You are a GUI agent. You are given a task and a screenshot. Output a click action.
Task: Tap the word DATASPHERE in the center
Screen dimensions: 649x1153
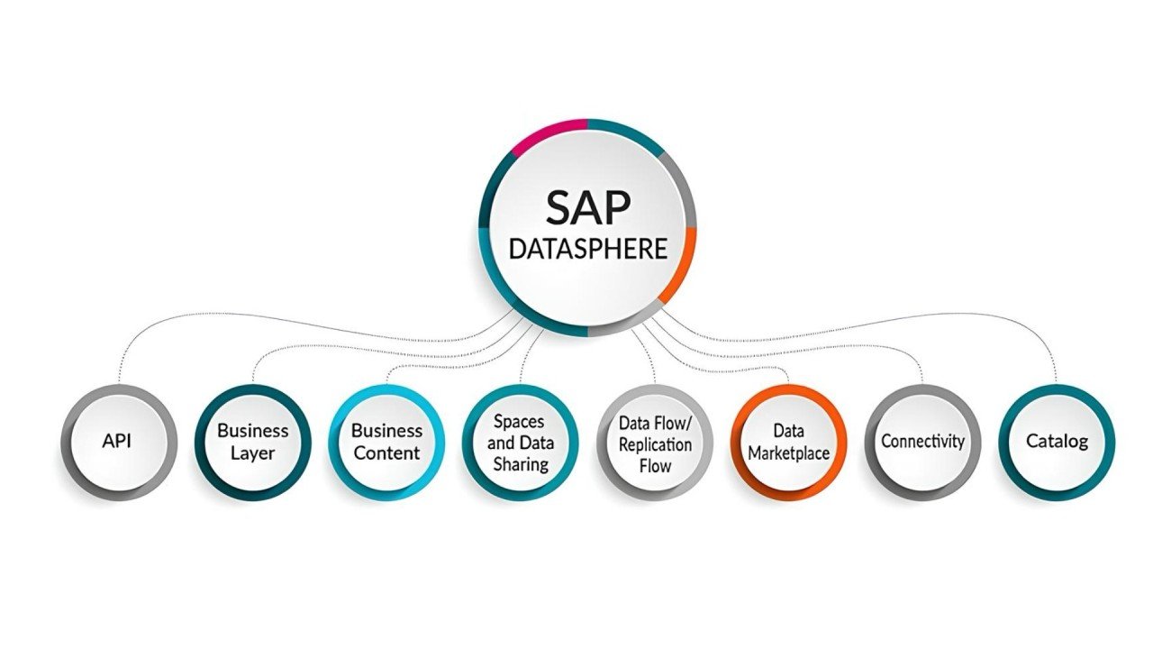(587, 248)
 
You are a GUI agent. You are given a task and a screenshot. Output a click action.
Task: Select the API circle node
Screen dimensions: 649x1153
(118, 442)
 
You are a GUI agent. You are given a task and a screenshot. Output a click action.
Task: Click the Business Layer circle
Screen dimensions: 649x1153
(252, 442)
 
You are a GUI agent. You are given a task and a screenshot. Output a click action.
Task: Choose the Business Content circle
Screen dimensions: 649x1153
(386, 442)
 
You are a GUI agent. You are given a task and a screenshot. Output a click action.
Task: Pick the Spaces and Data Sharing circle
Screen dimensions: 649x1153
(520, 442)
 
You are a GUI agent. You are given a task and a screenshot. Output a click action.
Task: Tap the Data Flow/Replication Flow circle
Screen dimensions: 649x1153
(655, 442)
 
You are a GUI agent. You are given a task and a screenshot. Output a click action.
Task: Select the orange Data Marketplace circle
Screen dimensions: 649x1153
(788, 442)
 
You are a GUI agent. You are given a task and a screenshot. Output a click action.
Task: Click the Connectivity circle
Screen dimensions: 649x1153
(922, 442)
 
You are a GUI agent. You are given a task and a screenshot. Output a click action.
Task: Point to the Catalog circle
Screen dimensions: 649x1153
(1057, 442)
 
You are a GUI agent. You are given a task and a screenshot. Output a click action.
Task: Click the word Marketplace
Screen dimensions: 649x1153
(788, 452)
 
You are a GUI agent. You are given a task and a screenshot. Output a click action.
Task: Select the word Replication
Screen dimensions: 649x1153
(655, 444)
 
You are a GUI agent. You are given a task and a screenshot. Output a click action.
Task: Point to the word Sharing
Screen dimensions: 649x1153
(520, 464)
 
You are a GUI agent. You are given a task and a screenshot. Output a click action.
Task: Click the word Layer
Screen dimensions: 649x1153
(252, 452)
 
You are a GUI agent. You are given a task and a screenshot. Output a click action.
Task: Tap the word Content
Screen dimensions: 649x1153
(386, 452)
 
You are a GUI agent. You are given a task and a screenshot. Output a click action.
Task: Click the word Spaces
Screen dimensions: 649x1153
(520, 421)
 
